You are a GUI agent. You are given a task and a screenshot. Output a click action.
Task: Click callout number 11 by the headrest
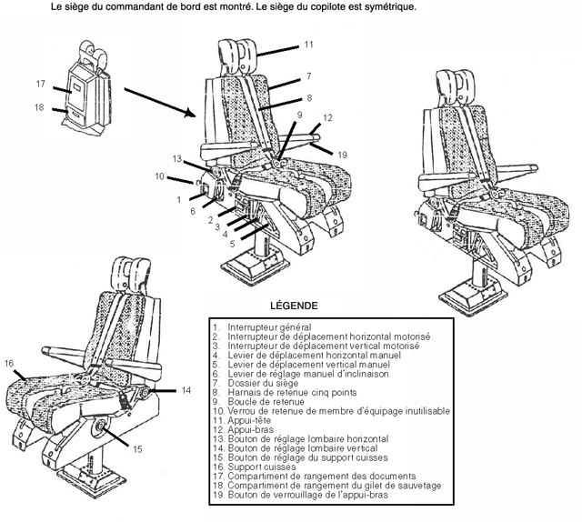(309, 44)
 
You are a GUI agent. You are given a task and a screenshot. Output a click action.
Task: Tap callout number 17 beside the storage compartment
(41, 84)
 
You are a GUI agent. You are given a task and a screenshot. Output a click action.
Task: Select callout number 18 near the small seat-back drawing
(39, 107)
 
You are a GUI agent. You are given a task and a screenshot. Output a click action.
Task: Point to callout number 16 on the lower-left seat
(9, 364)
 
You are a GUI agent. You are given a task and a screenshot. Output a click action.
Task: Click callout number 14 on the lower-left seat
(186, 389)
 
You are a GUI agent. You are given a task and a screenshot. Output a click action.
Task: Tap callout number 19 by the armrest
(342, 156)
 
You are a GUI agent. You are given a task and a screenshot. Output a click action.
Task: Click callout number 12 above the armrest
(327, 117)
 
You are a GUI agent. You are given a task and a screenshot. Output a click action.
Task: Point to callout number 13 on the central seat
(177, 157)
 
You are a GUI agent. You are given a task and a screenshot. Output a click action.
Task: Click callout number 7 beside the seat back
(309, 76)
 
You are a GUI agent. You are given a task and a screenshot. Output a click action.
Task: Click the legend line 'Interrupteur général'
(268, 326)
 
